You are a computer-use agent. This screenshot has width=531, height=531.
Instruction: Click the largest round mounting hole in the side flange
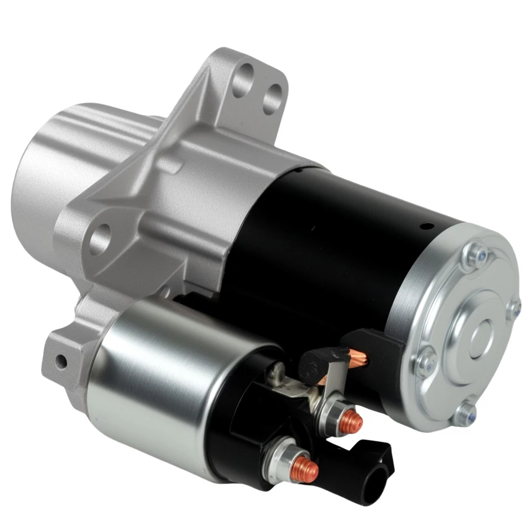click(x=99, y=239)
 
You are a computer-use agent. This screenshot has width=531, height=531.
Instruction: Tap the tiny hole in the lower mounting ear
click(x=61, y=362)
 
